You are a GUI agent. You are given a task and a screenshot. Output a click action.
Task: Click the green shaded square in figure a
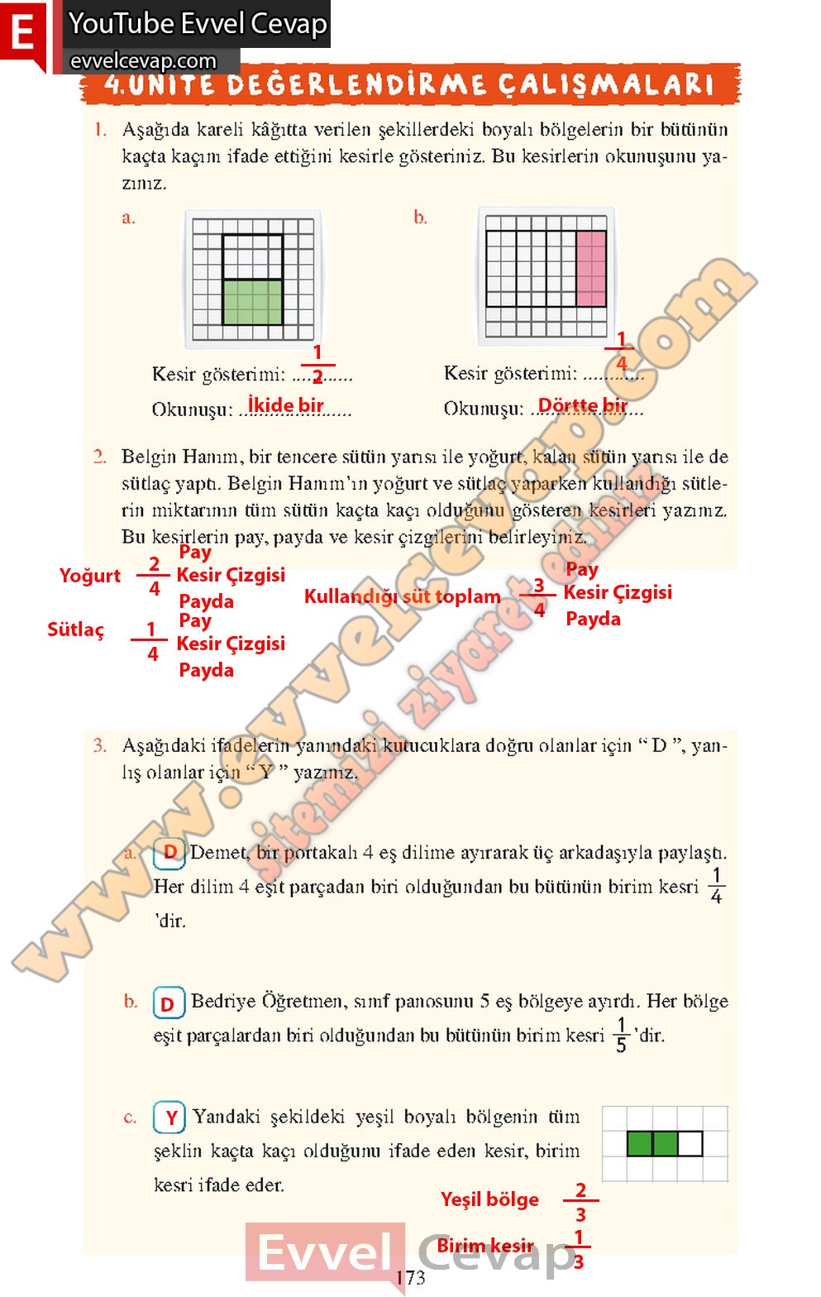click(x=252, y=302)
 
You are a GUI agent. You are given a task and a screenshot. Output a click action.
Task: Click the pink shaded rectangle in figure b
click(x=591, y=269)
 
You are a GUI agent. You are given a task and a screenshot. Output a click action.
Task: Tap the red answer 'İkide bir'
click(x=286, y=404)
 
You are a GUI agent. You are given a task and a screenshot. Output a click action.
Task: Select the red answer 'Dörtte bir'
click(x=583, y=405)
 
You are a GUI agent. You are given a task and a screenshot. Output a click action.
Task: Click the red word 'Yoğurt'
click(x=89, y=576)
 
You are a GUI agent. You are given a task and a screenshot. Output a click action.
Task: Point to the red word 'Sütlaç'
click(x=76, y=630)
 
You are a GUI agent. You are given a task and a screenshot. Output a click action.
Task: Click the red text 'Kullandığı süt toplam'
click(x=403, y=596)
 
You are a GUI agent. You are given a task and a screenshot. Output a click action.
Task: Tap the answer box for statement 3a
click(x=169, y=853)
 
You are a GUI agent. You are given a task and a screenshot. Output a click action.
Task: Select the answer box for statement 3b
click(x=168, y=1004)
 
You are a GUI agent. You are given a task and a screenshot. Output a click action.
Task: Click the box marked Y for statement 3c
click(x=169, y=1118)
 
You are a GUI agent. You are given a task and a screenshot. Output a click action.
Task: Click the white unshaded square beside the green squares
click(x=690, y=1144)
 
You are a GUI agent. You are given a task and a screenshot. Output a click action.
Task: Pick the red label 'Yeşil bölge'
click(x=489, y=1199)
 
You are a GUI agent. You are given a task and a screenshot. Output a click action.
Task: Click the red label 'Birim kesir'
click(x=485, y=1246)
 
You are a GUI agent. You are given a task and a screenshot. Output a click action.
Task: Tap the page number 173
click(x=410, y=1278)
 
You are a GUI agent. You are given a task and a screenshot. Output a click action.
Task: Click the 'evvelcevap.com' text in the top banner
click(x=143, y=61)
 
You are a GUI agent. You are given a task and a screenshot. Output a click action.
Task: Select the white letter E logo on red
click(x=23, y=35)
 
